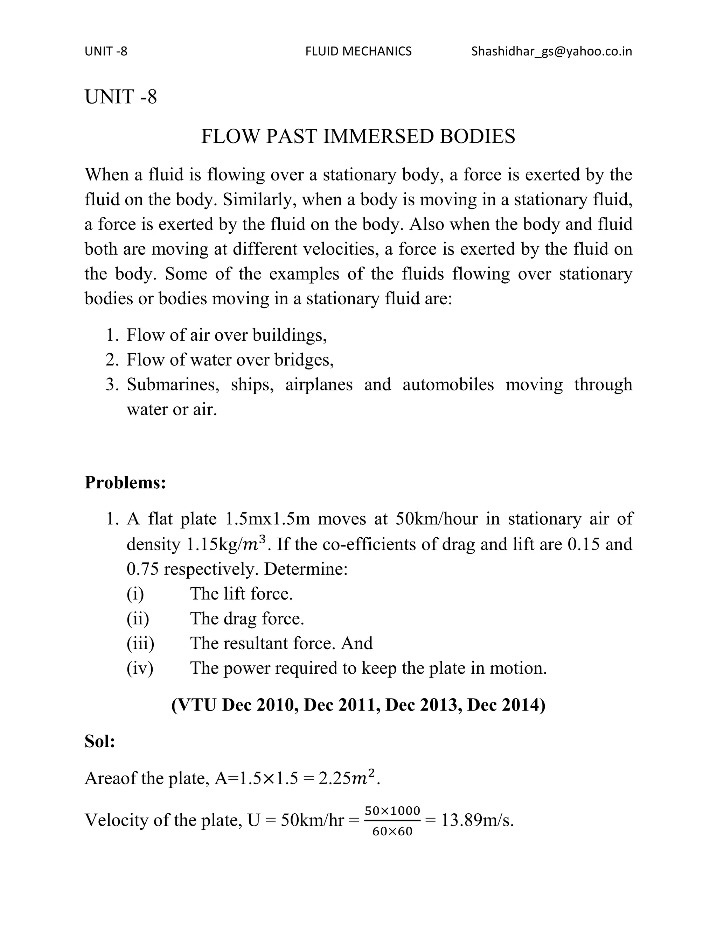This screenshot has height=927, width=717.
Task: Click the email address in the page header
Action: (x=551, y=51)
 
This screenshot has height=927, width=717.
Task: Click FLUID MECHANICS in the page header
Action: (x=358, y=51)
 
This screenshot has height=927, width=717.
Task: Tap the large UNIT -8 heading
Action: (x=121, y=97)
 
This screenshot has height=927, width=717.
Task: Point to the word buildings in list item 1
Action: (x=289, y=335)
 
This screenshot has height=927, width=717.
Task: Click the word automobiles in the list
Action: (x=448, y=384)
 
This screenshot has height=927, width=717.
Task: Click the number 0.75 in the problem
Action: (x=142, y=569)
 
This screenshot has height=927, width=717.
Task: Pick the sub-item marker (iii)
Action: (x=140, y=643)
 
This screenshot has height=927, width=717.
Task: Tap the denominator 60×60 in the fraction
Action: (x=392, y=832)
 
